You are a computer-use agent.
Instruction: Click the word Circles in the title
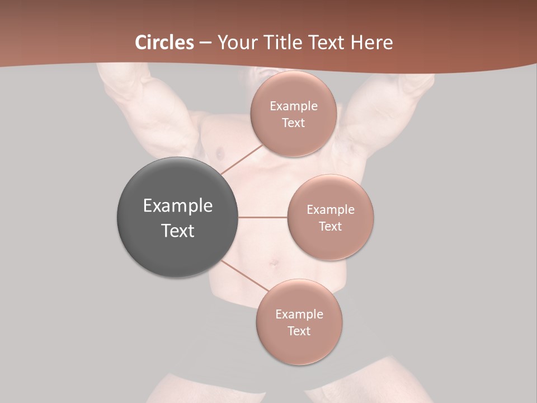(x=164, y=43)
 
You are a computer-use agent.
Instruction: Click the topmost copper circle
(x=293, y=114)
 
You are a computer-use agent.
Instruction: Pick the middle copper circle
(x=330, y=217)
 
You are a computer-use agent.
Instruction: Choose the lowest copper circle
(x=299, y=322)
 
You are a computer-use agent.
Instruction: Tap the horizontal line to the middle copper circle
(x=263, y=217)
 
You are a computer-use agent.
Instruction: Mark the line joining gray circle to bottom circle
(x=244, y=277)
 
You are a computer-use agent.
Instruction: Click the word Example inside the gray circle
(x=178, y=206)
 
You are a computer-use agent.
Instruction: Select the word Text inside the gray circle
(x=178, y=231)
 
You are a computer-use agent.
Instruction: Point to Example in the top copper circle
(x=293, y=106)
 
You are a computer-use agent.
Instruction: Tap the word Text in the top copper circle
(x=293, y=123)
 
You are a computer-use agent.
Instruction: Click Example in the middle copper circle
(x=330, y=210)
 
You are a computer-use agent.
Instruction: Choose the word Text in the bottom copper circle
(x=299, y=331)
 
